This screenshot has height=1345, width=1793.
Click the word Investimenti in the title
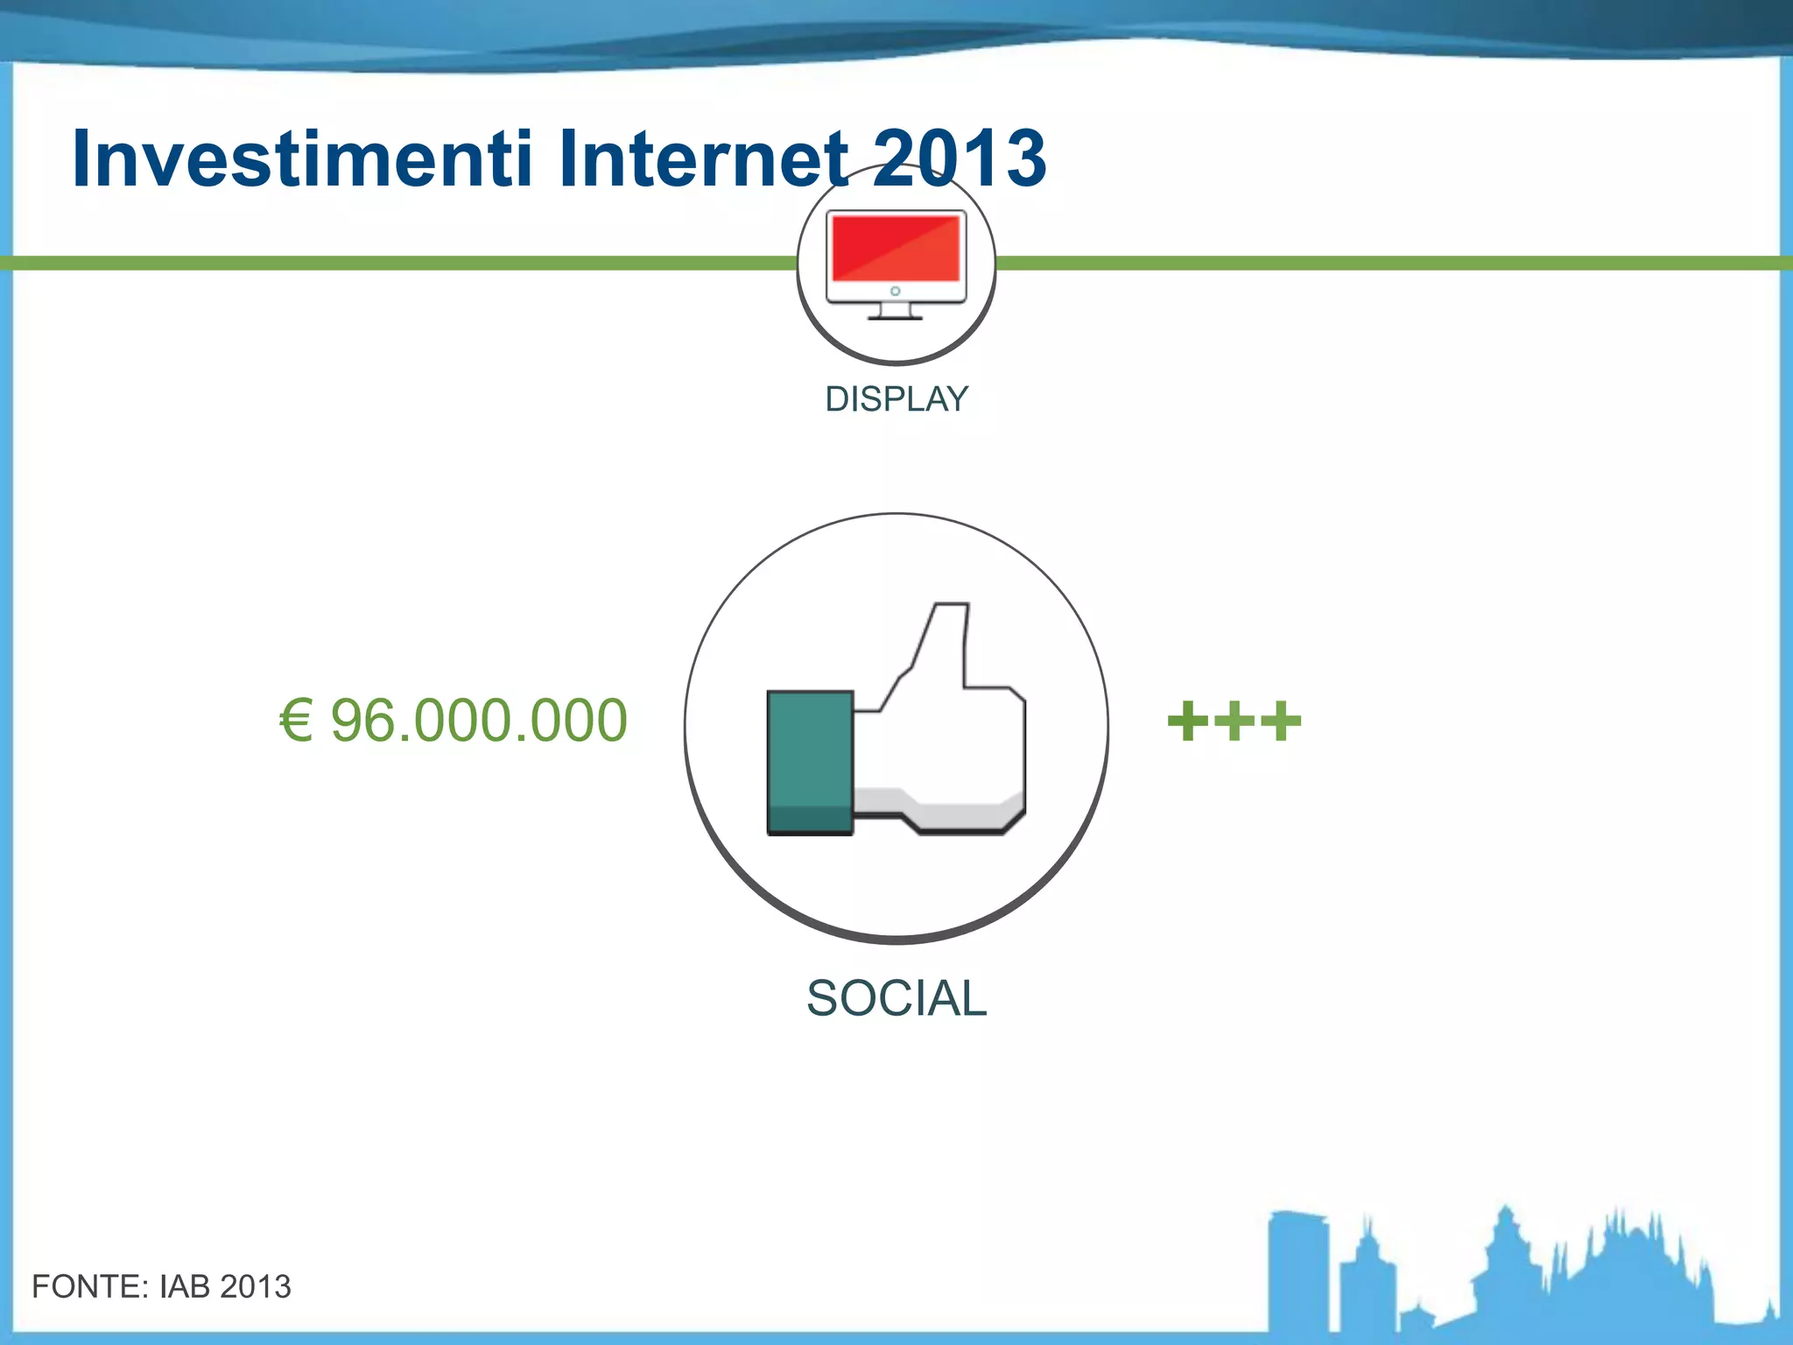click(x=302, y=159)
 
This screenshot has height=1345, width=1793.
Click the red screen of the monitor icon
click(x=896, y=248)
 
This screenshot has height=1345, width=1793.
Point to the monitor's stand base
click(x=895, y=316)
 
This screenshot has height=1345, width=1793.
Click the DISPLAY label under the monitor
click(x=896, y=399)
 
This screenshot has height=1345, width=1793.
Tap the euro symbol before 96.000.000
click(x=296, y=721)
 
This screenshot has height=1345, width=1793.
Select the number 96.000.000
click(x=479, y=721)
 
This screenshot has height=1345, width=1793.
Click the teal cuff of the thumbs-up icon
click(x=809, y=762)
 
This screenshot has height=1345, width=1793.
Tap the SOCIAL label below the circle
click(x=896, y=998)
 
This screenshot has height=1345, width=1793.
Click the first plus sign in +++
click(x=1188, y=721)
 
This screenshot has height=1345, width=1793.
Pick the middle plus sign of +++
click(x=1234, y=721)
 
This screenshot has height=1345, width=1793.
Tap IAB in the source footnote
click(x=185, y=1286)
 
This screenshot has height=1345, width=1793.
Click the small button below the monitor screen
click(x=895, y=291)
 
